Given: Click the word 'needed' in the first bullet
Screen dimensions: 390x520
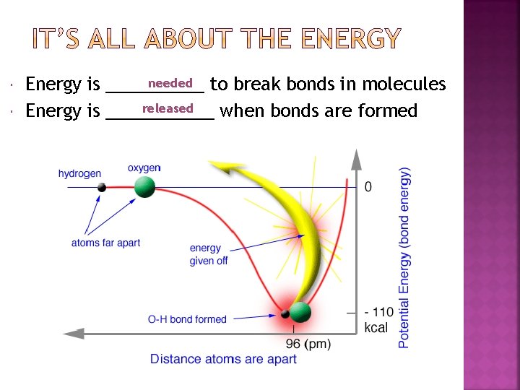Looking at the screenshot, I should click(x=170, y=83).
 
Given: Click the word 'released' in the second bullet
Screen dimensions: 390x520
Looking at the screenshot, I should click(x=168, y=108).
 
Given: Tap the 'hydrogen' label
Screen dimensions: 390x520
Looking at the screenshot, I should click(x=79, y=173).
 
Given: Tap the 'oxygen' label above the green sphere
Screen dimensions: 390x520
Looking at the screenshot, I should click(x=144, y=168).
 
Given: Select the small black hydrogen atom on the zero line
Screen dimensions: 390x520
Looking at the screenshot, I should click(x=102, y=188).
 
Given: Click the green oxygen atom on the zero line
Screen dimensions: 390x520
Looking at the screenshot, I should click(x=144, y=187).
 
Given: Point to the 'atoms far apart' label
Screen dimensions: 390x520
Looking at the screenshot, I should click(x=105, y=243).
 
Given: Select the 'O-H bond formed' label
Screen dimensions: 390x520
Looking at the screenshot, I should click(x=187, y=319).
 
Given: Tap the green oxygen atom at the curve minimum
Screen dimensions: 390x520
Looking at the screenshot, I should click(x=300, y=313).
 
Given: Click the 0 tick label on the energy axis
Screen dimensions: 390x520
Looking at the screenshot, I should click(x=368, y=187).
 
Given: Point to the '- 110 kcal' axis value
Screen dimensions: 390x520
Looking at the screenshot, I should click(x=378, y=319).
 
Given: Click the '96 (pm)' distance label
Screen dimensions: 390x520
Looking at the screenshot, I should click(x=308, y=344).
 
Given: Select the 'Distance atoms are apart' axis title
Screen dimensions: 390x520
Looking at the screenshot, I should click(x=223, y=359).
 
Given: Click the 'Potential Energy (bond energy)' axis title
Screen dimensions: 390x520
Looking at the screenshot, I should click(x=405, y=257).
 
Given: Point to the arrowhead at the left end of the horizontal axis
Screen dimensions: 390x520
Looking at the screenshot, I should click(x=72, y=334).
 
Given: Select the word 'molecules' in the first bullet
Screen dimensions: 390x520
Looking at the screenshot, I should click(x=404, y=84).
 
